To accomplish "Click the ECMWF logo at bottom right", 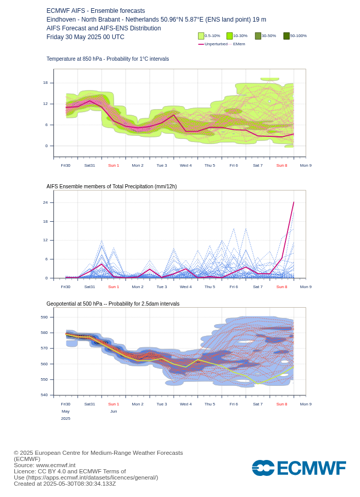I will (x=299, y=468).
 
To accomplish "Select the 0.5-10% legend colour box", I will (x=201, y=36).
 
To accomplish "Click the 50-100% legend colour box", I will (x=286, y=36).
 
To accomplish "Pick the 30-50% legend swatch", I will (x=258, y=36).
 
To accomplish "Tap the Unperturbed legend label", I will (x=216, y=44).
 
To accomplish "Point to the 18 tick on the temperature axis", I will (x=45, y=83).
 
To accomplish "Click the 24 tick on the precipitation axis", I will (x=45, y=203).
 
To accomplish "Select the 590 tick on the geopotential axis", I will (x=44, y=317).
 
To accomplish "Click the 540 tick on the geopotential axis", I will (x=44, y=395).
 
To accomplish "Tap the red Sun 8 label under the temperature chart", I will (x=282, y=166).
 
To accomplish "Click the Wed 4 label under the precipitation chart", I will (x=186, y=287).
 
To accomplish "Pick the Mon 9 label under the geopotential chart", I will (x=305, y=404).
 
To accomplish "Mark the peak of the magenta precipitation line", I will (x=294, y=202).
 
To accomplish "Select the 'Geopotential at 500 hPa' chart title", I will (x=113, y=304).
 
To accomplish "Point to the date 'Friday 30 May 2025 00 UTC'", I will (x=85, y=37).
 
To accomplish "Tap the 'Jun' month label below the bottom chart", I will (x=114, y=412).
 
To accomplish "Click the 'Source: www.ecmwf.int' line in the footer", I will (x=44, y=465).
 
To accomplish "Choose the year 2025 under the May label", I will (x=66, y=419).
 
